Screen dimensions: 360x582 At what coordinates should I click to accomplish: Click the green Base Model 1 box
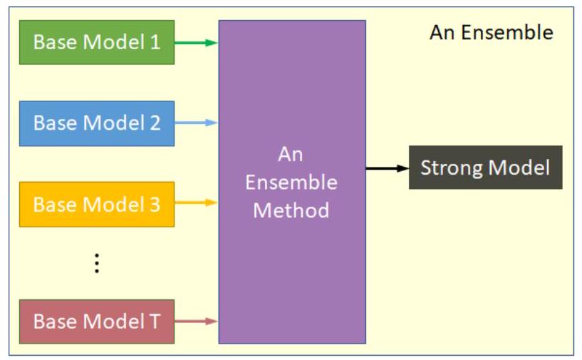tap(96, 42)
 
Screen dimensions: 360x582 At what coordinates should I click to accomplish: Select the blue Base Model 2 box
tap(96, 123)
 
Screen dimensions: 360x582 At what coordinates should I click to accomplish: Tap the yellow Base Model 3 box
tap(96, 205)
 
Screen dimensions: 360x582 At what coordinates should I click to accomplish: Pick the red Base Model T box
tap(96, 322)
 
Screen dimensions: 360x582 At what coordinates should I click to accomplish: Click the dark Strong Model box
tap(485, 168)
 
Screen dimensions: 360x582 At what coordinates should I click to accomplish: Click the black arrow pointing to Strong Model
tap(387, 168)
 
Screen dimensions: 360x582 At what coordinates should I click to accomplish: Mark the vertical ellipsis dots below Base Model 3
tap(97, 264)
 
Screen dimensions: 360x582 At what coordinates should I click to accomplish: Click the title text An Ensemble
tap(491, 33)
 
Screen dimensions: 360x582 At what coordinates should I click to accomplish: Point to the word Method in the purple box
tap(291, 210)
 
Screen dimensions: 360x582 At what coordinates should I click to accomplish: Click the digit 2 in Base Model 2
tap(155, 123)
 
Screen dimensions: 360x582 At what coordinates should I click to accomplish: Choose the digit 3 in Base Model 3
tap(155, 205)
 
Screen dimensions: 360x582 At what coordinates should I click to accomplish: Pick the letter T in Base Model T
tap(155, 322)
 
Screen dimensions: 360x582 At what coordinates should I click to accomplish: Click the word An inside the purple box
tap(291, 155)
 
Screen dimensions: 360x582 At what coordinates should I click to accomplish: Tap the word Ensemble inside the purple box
tap(291, 182)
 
